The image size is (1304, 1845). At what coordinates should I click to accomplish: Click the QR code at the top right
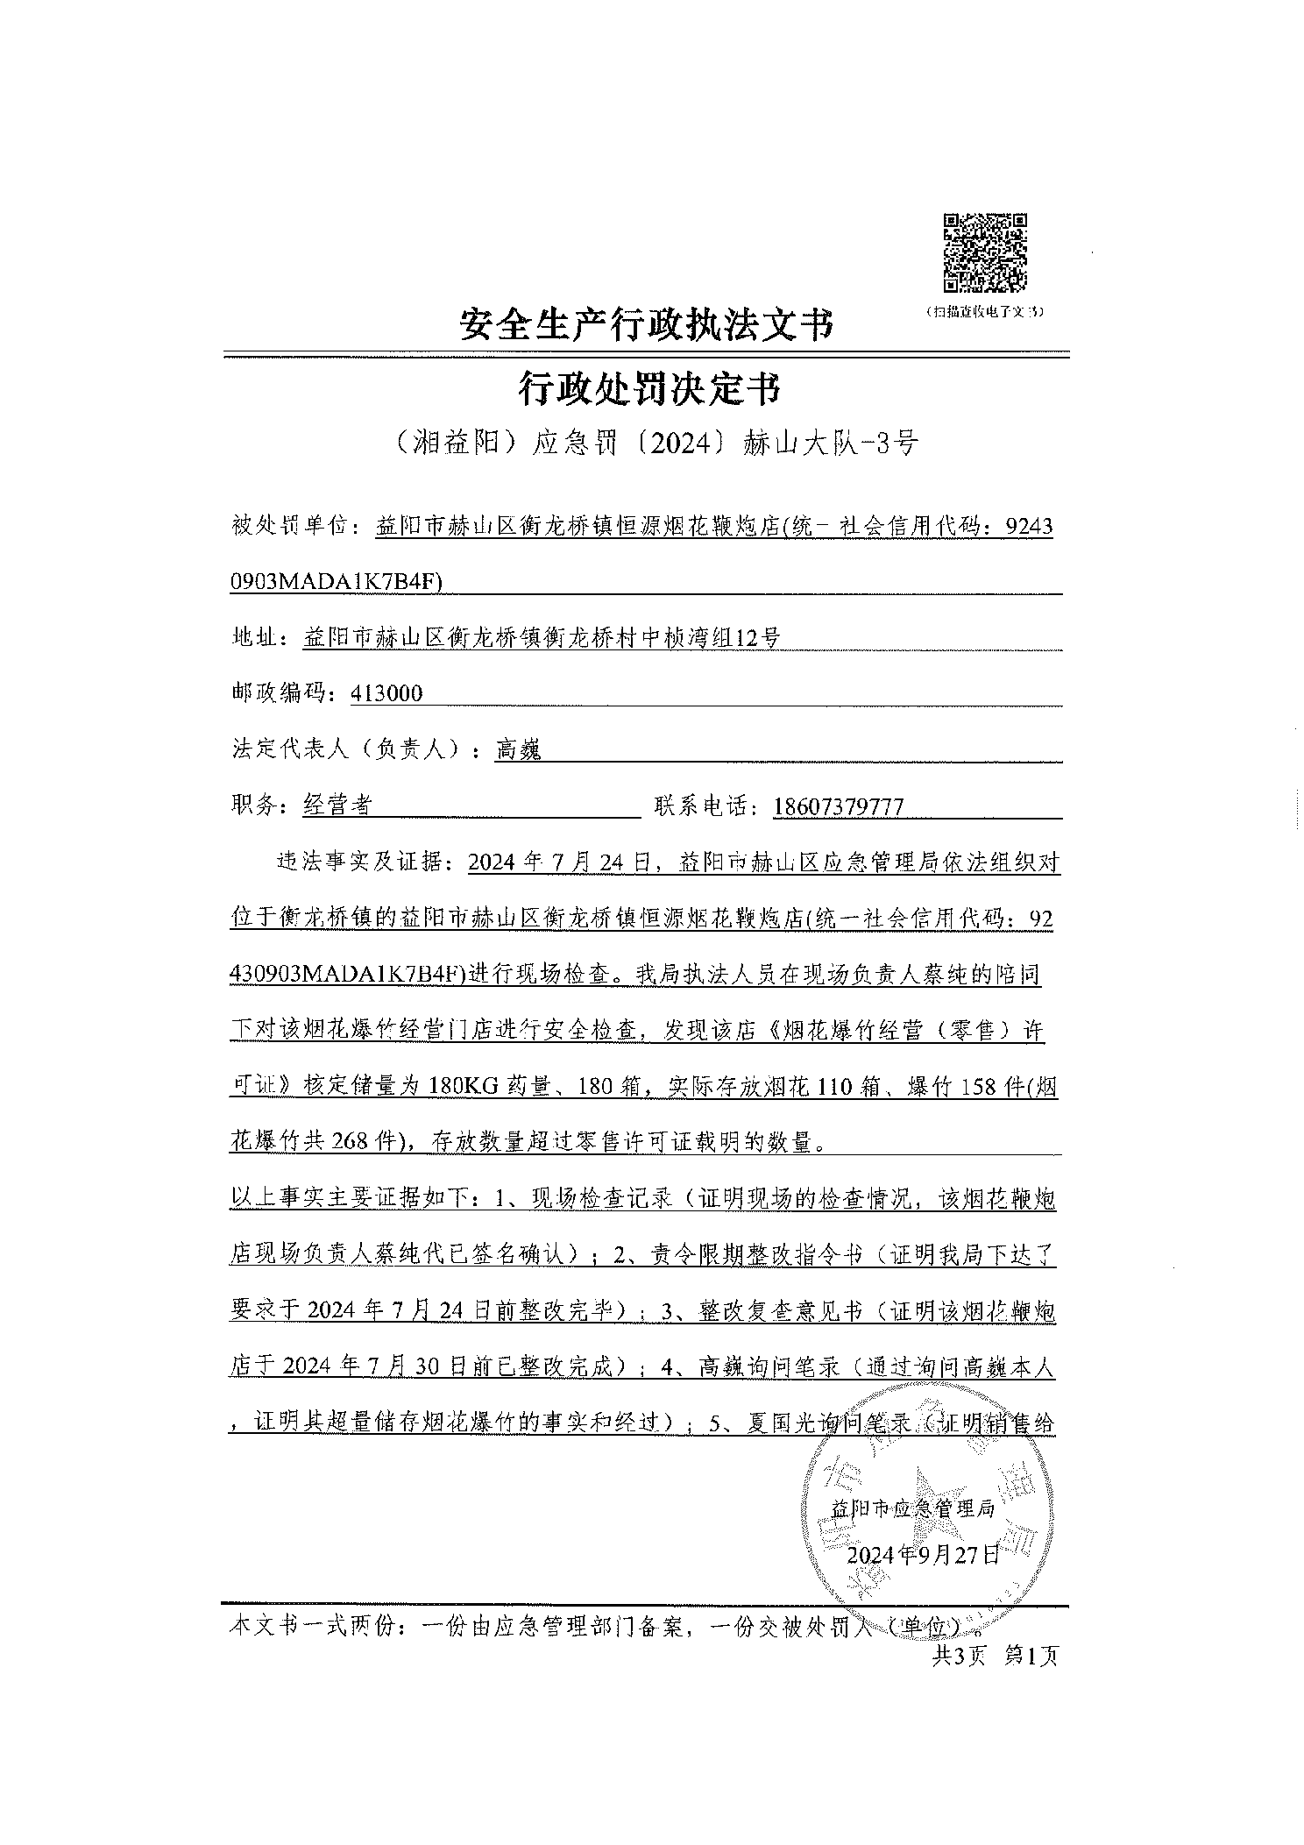(985, 252)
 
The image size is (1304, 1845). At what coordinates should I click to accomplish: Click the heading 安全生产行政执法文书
(645, 325)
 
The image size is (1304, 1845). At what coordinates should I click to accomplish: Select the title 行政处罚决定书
(648, 388)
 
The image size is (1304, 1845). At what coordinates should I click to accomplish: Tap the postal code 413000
(386, 693)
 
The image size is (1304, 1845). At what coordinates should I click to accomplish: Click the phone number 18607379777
(838, 805)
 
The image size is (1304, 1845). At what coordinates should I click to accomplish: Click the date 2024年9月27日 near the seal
(924, 1555)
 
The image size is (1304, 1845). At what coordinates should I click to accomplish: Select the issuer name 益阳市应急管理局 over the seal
(911, 1508)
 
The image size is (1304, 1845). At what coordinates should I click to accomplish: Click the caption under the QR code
(986, 312)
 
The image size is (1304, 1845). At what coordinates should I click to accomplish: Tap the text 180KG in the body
(464, 1087)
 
